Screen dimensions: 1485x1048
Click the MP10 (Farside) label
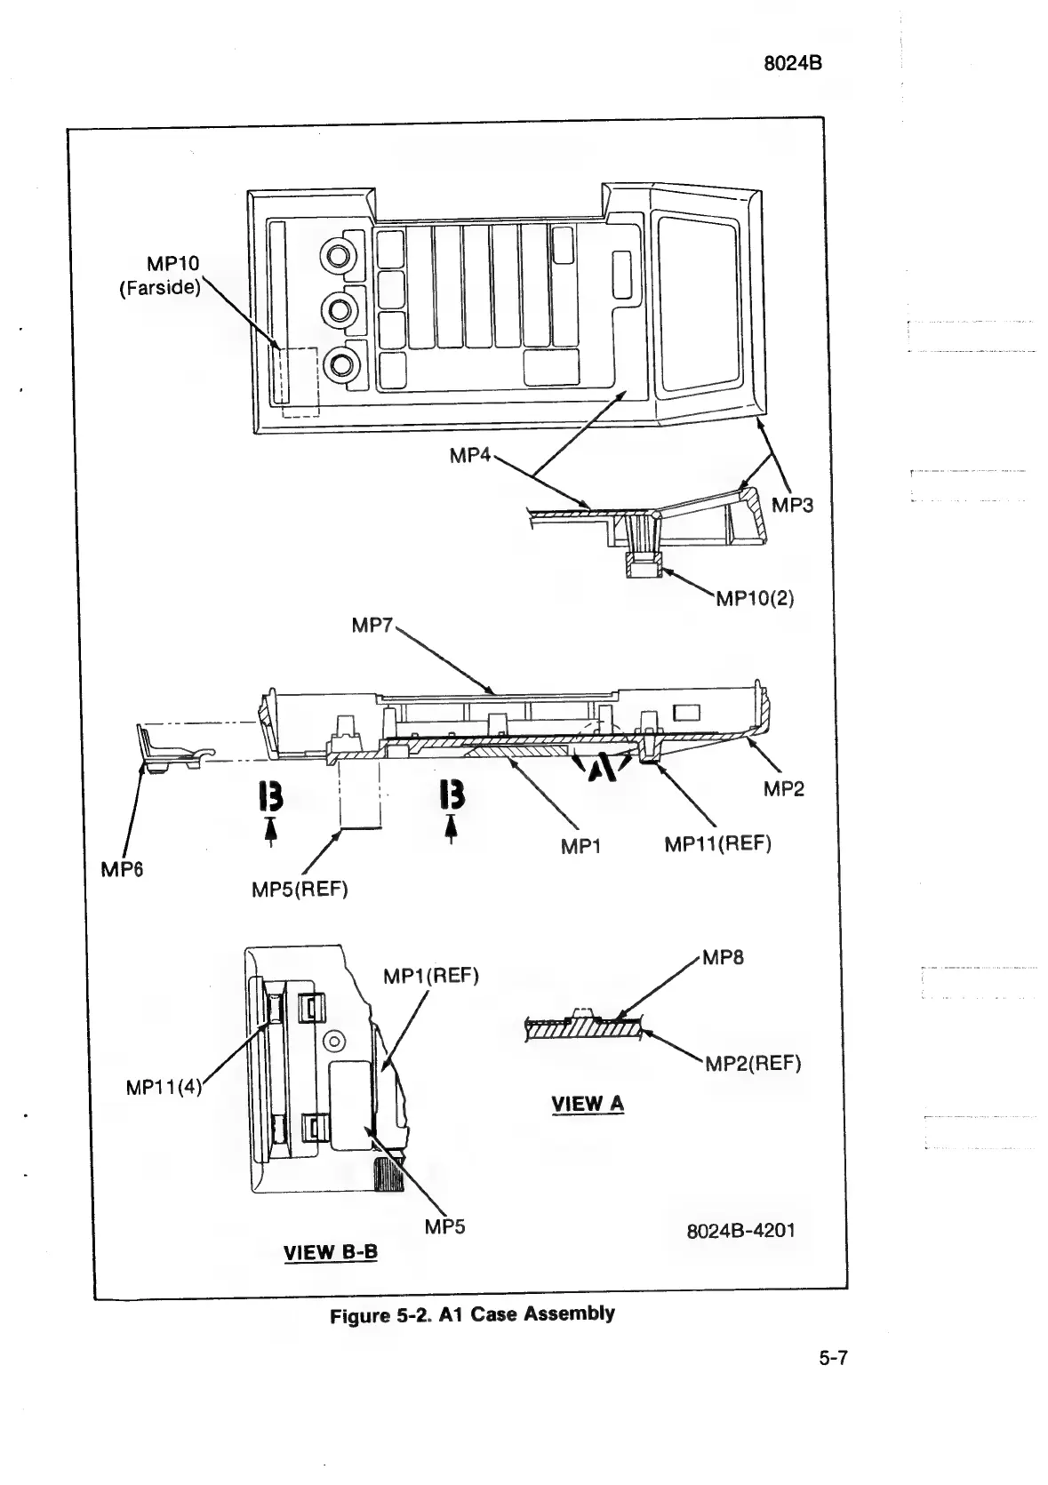pyautogui.click(x=160, y=276)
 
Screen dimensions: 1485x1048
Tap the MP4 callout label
pyautogui.click(x=469, y=456)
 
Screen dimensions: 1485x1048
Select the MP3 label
pyautogui.click(x=792, y=506)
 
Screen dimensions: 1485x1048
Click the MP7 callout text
pyautogui.click(x=372, y=626)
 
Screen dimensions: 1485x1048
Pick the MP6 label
pyautogui.click(x=121, y=870)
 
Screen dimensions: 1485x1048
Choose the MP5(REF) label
pyautogui.click(x=300, y=889)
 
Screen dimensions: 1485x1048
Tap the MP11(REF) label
pyautogui.click(x=717, y=843)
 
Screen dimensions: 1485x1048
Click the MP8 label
pyautogui.click(x=723, y=958)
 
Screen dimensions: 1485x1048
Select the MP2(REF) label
pyautogui.click(x=753, y=1064)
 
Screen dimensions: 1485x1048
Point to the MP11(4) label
pyautogui.click(x=164, y=1087)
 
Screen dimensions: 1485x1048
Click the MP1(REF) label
pyautogui.click(x=431, y=977)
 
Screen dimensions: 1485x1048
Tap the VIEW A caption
pyautogui.click(x=588, y=1105)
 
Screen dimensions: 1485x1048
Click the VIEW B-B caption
pyautogui.click(x=330, y=1253)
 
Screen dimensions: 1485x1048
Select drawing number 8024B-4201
pyautogui.click(x=740, y=1231)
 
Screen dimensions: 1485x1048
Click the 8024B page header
pyautogui.click(x=793, y=63)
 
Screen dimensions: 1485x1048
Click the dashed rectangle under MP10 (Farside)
pyautogui.click(x=300, y=381)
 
